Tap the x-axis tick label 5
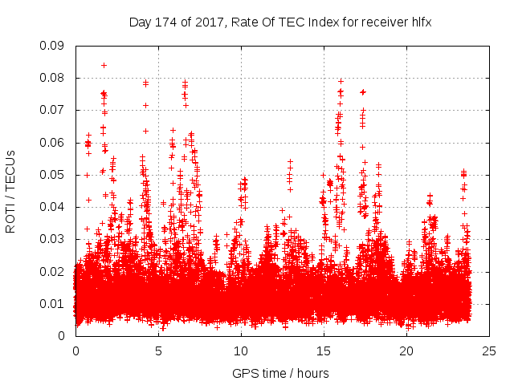point(158,351)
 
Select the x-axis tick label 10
point(241,351)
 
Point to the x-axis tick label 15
point(324,351)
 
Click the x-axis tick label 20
point(406,351)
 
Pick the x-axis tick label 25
point(489,351)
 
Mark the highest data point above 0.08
point(104,65)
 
